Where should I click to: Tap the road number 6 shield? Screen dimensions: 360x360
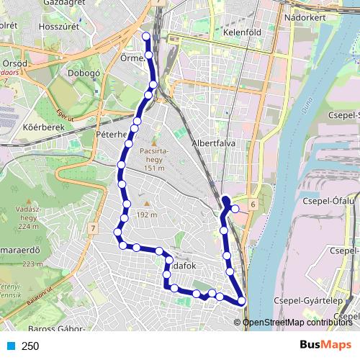253,205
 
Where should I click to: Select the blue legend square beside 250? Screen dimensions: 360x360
10,346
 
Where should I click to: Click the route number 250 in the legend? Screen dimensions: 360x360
30,346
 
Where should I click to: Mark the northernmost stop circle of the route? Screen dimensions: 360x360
147,36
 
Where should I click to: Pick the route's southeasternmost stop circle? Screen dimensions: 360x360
241,301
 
